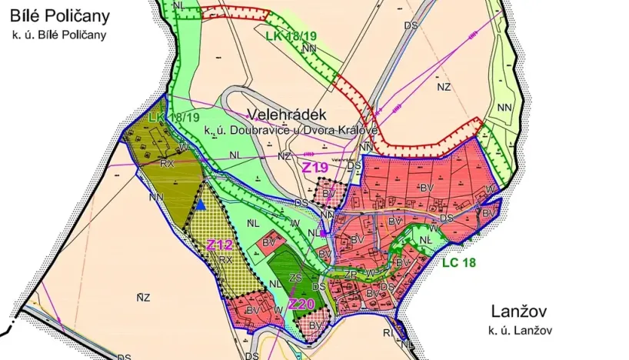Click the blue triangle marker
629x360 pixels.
[x=201, y=205]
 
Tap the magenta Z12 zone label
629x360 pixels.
[x=220, y=245]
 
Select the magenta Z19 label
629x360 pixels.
[x=315, y=167]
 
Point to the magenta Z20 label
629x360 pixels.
[x=301, y=304]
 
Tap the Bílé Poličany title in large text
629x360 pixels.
[x=60, y=15]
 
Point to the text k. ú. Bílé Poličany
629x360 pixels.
[x=59, y=35]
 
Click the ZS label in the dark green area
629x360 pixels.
[x=295, y=278]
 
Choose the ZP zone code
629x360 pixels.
[x=350, y=274]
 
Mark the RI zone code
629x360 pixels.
[x=388, y=332]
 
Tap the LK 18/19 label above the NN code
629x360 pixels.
[x=291, y=36]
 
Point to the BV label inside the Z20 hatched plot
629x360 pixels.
[x=315, y=325]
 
